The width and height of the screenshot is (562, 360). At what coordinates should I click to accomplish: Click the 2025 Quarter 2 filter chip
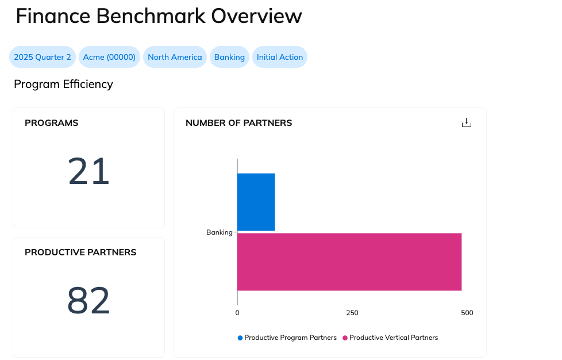(43, 57)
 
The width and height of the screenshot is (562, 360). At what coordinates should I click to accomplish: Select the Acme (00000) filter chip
(109, 57)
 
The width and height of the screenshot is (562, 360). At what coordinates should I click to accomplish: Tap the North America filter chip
(175, 57)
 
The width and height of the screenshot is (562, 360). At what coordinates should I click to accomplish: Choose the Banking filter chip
(229, 57)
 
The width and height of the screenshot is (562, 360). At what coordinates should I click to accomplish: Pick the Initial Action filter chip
(280, 57)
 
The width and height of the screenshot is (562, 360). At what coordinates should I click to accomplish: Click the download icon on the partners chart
(467, 123)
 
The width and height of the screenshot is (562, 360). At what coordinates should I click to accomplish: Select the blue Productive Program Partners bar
(256, 202)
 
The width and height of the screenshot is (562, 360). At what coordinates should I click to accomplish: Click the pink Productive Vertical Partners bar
(349, 262)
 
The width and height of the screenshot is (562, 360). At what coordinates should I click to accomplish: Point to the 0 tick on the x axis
(237, 313)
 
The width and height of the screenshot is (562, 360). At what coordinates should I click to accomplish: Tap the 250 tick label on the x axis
(352, 313)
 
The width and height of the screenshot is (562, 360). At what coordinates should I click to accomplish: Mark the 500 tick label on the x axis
(467, 313)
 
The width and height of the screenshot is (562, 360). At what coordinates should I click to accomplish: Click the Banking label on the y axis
(219, 232)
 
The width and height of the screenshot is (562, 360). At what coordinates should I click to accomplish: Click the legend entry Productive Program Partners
(290, 338)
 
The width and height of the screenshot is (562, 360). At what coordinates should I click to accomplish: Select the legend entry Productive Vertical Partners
(393, 338)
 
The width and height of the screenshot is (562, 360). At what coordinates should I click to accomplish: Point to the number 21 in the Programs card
(88, 172)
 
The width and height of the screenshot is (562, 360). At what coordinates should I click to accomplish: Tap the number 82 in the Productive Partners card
(88, 301)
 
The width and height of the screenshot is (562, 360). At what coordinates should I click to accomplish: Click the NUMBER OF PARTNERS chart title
(238, 123)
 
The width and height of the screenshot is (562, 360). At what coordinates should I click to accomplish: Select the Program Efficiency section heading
(63, 85)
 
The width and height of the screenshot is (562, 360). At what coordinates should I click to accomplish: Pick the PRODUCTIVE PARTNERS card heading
(80, 252)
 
